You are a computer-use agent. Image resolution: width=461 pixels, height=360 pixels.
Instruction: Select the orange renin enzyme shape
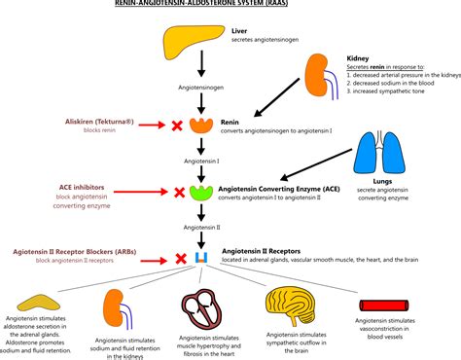tap(202, 125)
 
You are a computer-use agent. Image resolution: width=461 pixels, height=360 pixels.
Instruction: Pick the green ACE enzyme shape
tap(202, 191)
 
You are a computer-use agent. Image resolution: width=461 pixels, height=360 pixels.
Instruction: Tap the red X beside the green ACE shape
tap(177, 192)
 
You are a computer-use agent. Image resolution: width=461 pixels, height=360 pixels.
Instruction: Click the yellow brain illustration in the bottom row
tap(292, 307)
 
